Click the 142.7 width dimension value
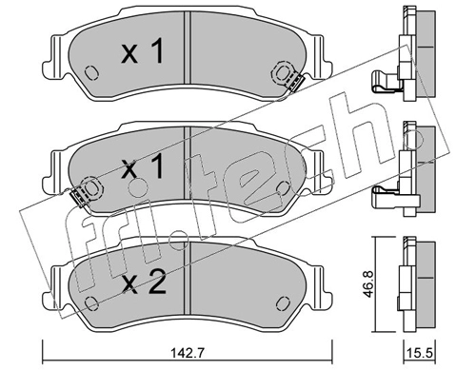point(188,353)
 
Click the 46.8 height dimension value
point(367,283)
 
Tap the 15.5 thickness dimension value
point(419,353)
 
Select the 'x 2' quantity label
point(144,282)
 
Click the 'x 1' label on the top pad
point(143,50)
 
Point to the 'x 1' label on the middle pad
point(143,166)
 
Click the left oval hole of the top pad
point(91,73)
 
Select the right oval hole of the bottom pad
point(284,303)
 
